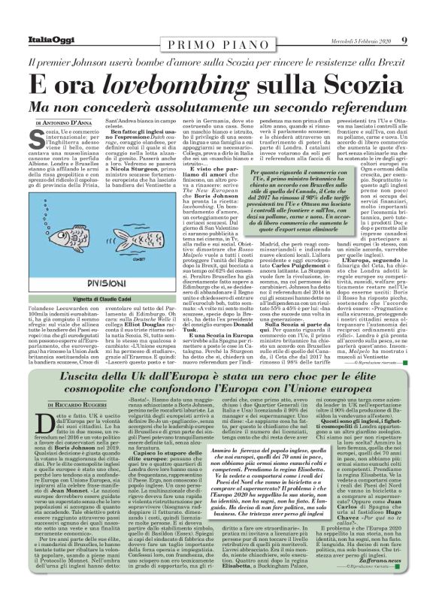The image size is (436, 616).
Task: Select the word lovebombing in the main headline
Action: [155, 82]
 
